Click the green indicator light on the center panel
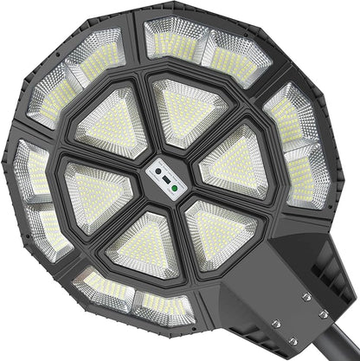[175, 185]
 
